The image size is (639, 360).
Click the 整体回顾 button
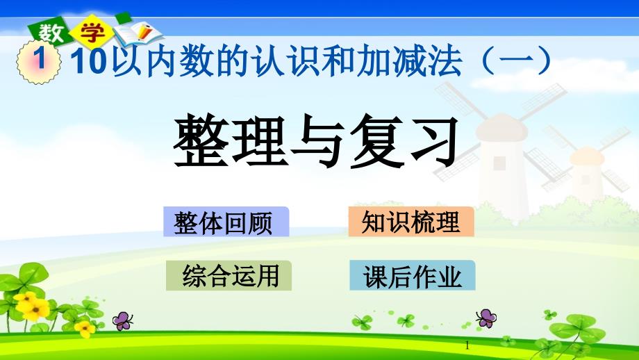click(x=226, y=222)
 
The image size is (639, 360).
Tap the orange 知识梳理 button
click(x=410, y=222)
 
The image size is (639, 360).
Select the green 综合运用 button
click(x=229, y=276)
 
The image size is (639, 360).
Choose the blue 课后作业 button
click(x=413, y=275)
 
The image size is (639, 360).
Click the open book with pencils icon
click(x=138, y=34)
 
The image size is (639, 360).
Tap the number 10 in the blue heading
click(x=89, y=60)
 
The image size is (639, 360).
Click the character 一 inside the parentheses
click(x=516, y=60)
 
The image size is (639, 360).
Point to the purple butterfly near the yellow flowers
click(x=122, y=320)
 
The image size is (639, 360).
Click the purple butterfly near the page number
click(x=486, y=318)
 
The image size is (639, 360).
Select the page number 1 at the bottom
click(x=467, y=346)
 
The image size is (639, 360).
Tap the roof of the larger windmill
click(x=501, y=128)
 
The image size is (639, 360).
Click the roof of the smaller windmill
click(x=587, y=156)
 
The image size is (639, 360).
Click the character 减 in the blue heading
click(x=410, y=61)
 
